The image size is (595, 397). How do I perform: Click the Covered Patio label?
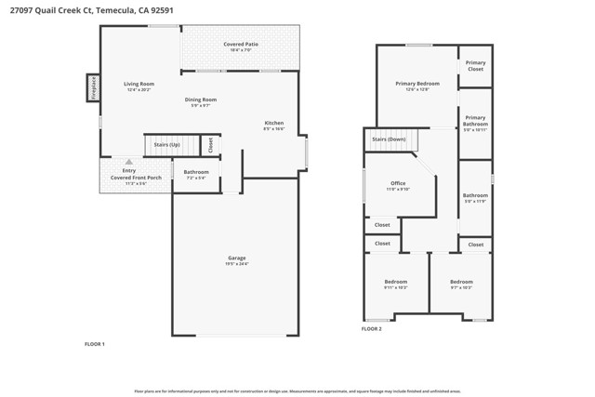(240, 45)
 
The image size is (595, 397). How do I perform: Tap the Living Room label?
(139, 84)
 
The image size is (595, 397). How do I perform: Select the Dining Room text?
(201, 99)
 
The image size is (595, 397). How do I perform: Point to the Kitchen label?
(273, 123)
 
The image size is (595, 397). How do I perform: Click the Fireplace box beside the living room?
(93, 86)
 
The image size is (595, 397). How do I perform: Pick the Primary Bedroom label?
(416, 83)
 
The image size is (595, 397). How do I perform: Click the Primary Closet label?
(475, 66)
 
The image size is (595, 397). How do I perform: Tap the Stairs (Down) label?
(389, 139)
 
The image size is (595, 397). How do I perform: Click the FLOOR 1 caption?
(95, 344)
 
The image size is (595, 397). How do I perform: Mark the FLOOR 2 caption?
(372, 328)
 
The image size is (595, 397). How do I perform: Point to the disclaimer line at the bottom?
(297, 390)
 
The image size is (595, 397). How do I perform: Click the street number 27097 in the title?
(18, 10)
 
